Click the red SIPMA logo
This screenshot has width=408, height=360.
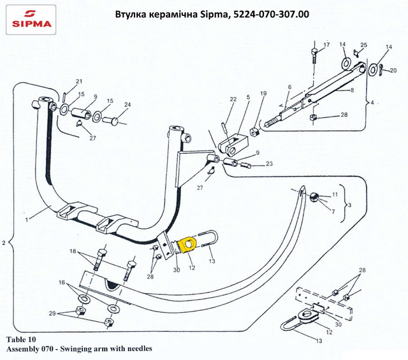30,20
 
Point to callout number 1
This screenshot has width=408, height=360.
27,219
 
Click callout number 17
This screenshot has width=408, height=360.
326,45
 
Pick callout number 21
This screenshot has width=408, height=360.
79,81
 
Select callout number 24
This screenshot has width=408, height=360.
127,105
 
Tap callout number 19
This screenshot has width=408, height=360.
263,93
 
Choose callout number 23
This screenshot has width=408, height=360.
269,164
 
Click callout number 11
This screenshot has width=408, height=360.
335,194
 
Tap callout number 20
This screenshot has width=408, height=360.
393,70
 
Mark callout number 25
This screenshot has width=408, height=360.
364,45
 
